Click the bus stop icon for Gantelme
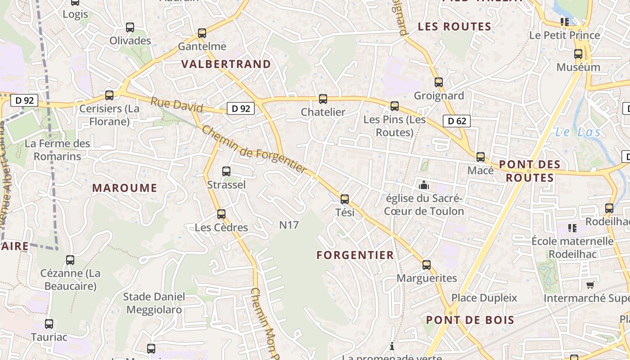[202, 33]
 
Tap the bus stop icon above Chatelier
[323, 99]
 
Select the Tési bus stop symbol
[345, 199]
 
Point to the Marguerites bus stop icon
[427, 265]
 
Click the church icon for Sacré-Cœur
[423, 185]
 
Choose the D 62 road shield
[457, 121]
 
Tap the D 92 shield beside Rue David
[241, 108]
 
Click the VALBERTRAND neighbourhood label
[226, 64]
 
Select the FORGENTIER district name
[355, 255]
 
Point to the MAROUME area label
[125, 188]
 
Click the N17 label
[289, 225]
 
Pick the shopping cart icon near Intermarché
[590, 285]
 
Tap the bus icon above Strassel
[226, 171]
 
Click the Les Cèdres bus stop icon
[221, 214]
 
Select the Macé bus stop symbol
[481, 157]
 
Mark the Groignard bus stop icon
[439, 82]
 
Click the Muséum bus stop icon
[578, 54]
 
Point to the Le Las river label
[578, 132]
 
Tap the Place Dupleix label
[484, 298]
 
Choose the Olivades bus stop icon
[130, 27]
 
